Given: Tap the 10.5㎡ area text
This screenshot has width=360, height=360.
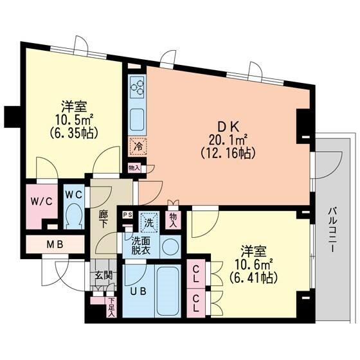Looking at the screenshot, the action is pyautogui.click(x=74, y=120).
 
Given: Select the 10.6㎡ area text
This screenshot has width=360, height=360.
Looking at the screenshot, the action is pyautogui.click(x=254, y=264).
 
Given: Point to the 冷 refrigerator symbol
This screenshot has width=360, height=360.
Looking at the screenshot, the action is pyautogui.click(x=138, y=147).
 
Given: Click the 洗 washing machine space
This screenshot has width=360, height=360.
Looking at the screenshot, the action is pyautogui.click(x=149, y=222).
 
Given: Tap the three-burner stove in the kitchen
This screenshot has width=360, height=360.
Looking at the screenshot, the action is pyautogui.click(x=137, y=87).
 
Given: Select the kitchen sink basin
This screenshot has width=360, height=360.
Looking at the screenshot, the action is pyautogui.click(x=137, y=120).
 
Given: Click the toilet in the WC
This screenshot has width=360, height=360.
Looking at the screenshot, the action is pyautogui.click(x=73, y=215).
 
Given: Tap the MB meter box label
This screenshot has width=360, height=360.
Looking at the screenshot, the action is pyautogui.click(x=55, y=244).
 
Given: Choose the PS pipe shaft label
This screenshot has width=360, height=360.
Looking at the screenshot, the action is pyautogui.click(x=128, y=215).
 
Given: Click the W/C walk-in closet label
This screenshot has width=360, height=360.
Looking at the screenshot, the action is pyautogui.click(x=42, y=202).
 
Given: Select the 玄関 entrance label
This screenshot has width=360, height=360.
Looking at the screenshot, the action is pyautogui.click(x=104, y=275).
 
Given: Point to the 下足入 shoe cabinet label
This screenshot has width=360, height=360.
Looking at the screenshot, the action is pyautogui.click(x=111, y=307).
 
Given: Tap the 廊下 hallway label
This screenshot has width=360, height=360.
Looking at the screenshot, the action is pyautogui.click(x=104, y=219).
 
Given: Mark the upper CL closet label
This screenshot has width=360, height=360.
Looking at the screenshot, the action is pyautogui.click(x=195, y=274).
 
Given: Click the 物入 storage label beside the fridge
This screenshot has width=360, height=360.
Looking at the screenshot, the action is pyautogui.click(x=134, y=168).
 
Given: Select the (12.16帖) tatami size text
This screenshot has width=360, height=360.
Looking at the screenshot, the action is pyautogui.click(x=228, y=153).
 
